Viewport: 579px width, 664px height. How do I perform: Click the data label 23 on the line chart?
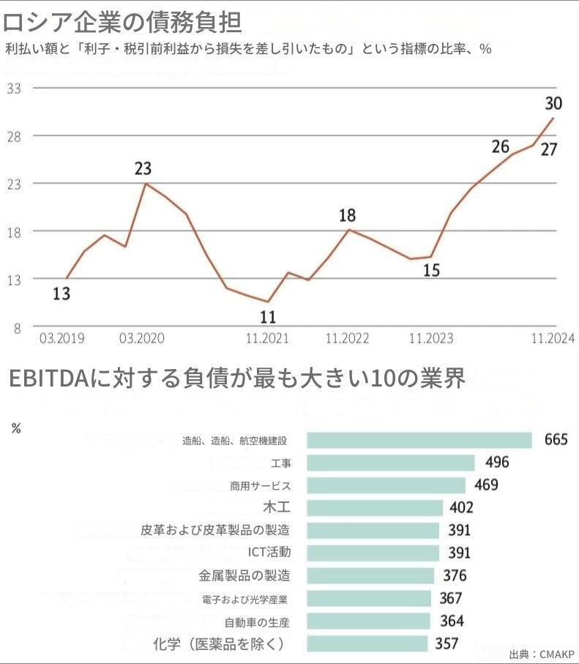point(143,169)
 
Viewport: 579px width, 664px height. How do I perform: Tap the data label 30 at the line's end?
point(554,103)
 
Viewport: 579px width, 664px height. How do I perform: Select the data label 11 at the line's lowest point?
point(268,317)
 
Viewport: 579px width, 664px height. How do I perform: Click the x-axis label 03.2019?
point(62,339)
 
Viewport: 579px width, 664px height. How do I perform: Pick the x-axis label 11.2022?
point(347,339)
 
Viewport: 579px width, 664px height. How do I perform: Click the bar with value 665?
point(419,440)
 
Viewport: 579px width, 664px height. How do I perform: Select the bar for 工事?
point(390,463)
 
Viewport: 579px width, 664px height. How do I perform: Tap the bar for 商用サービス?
point(386,485)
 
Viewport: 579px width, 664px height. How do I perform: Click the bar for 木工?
point(375,508)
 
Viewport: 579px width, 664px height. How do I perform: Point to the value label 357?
point(447,644)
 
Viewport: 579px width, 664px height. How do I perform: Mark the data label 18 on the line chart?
point(347,216)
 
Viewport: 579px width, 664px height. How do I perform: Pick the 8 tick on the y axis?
point(17,327)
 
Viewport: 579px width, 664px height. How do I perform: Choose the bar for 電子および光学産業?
point(369,599)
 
